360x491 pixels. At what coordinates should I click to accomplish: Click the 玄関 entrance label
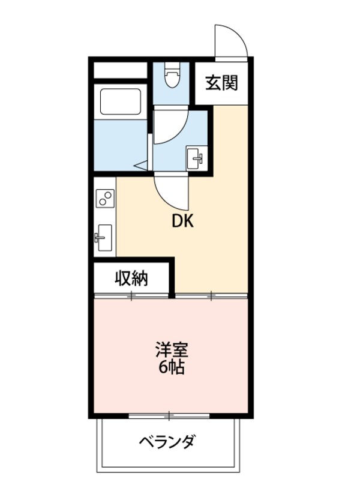click(222, 83)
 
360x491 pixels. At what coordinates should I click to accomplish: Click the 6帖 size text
click(170, 366)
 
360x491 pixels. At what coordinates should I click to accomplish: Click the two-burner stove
click(104, 197)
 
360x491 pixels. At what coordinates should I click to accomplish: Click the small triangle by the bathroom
click(141, 163)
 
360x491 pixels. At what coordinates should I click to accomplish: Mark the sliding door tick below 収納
click(131, 295)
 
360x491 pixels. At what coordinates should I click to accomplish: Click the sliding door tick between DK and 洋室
click(211, 295)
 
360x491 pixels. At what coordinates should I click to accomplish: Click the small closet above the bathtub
click(120, 70)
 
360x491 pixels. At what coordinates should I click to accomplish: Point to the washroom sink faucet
click(200, 159)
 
